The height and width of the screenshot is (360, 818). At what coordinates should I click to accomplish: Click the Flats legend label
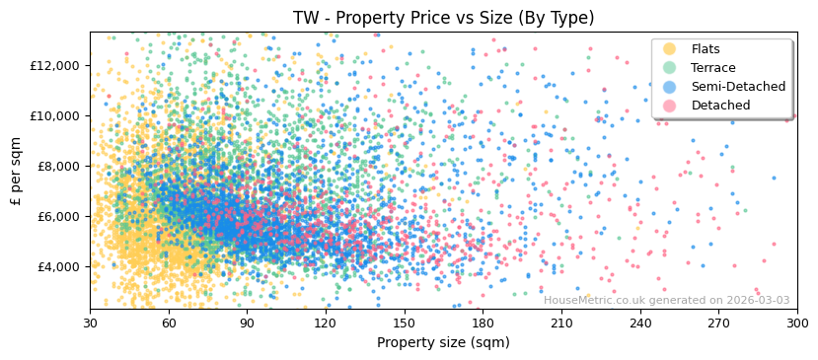706,49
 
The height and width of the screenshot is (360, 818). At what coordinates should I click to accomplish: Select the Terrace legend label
713,68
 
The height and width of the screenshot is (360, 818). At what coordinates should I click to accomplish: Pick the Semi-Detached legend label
738,87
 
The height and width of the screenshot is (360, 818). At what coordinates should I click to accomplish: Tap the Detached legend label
720,106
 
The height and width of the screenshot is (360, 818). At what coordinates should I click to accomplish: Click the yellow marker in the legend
669,49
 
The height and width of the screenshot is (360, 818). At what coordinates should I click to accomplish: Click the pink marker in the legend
669,106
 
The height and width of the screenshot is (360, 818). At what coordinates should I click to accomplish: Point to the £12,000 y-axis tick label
56,65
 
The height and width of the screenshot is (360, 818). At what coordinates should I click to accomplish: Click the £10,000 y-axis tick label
56,115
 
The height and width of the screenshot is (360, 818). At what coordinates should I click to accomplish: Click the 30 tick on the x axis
90,323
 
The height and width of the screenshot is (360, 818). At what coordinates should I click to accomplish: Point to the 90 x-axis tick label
247,323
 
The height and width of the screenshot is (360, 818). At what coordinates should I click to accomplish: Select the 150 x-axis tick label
404,323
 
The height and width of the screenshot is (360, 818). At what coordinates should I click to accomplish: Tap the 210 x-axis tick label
561,323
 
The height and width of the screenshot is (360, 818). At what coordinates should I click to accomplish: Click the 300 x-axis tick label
796,323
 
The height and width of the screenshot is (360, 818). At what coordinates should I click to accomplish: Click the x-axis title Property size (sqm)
443,342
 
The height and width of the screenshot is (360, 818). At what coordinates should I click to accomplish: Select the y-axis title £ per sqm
17,171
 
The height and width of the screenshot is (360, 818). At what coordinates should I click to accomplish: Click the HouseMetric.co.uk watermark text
666,300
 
